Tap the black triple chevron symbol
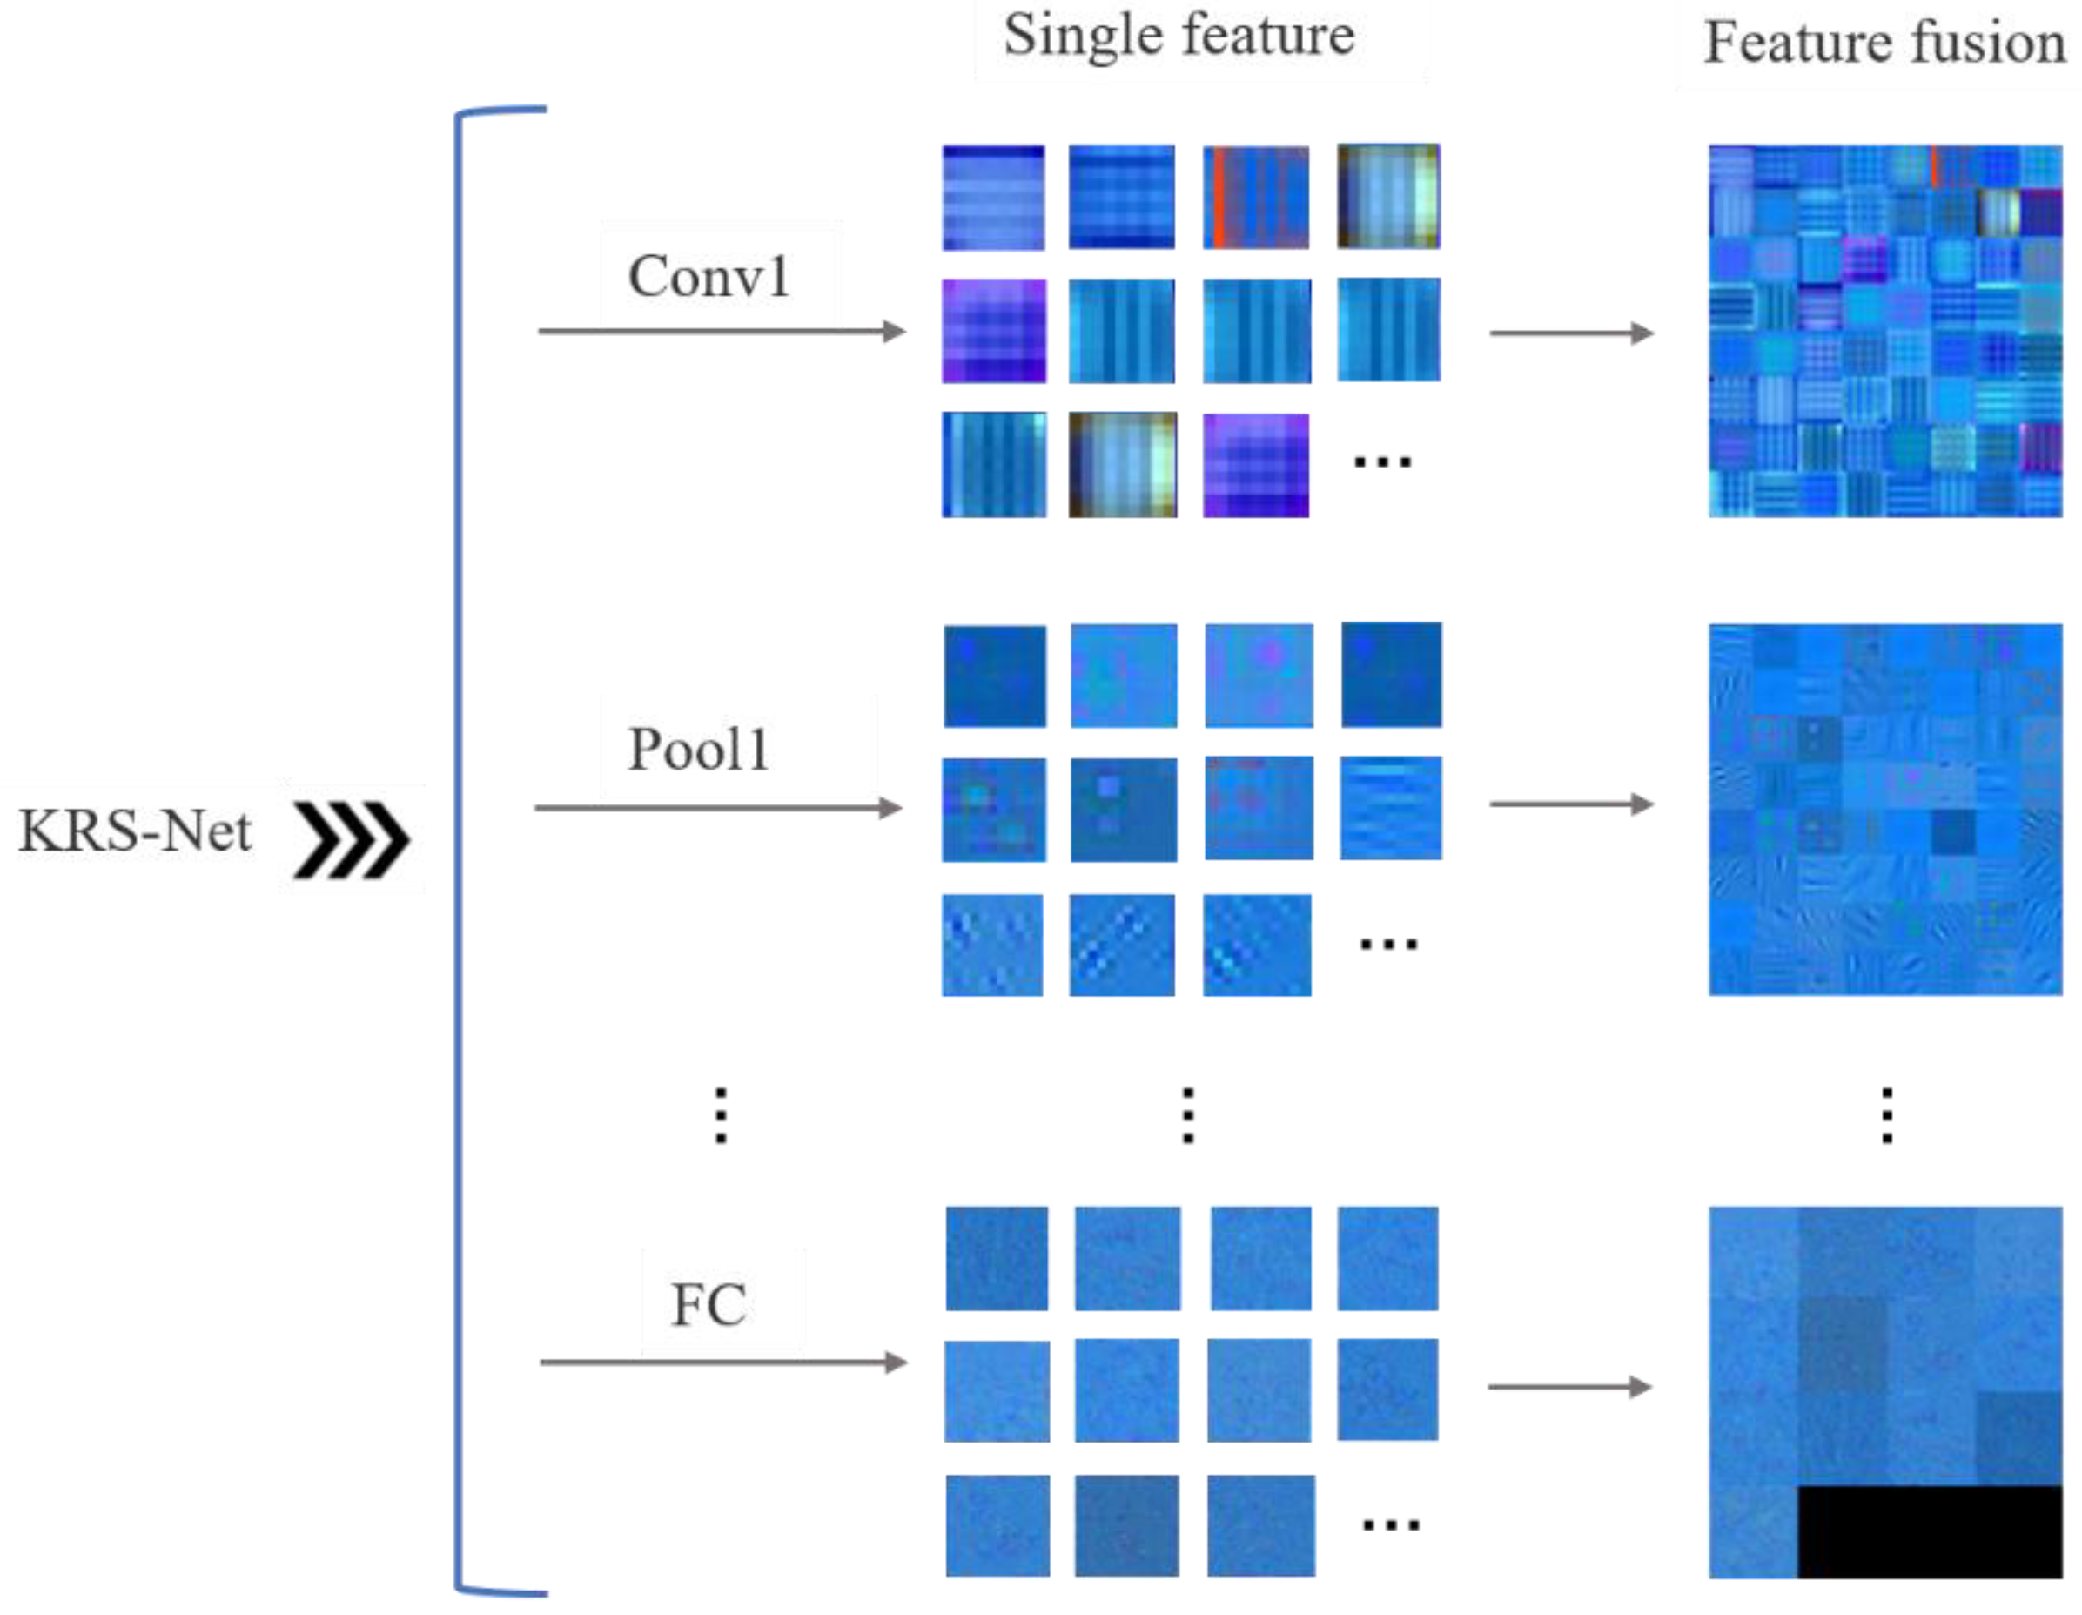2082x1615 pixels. tap(351, 840)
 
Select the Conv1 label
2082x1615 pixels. tap(709, 277)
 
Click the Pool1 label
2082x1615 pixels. tap(699, 750)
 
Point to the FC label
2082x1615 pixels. tap(709, 1305)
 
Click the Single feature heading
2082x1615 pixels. tap(1179, 37)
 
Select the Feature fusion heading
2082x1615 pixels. tap(1884, 43)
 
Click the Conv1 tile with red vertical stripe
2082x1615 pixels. tap(1255, 198)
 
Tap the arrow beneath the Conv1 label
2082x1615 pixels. tap(722, 332)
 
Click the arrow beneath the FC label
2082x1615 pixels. tap(722, 1363)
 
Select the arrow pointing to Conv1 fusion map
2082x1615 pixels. tap(1571, 333)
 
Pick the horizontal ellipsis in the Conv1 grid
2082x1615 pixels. tap(1382, 463)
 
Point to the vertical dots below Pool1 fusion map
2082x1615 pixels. tap(1886, 1114)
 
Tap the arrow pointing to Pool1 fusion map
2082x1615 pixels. tap(1571, 804)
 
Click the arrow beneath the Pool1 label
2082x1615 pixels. tap(719, 809)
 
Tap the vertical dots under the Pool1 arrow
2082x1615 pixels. tap(721, 1114)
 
